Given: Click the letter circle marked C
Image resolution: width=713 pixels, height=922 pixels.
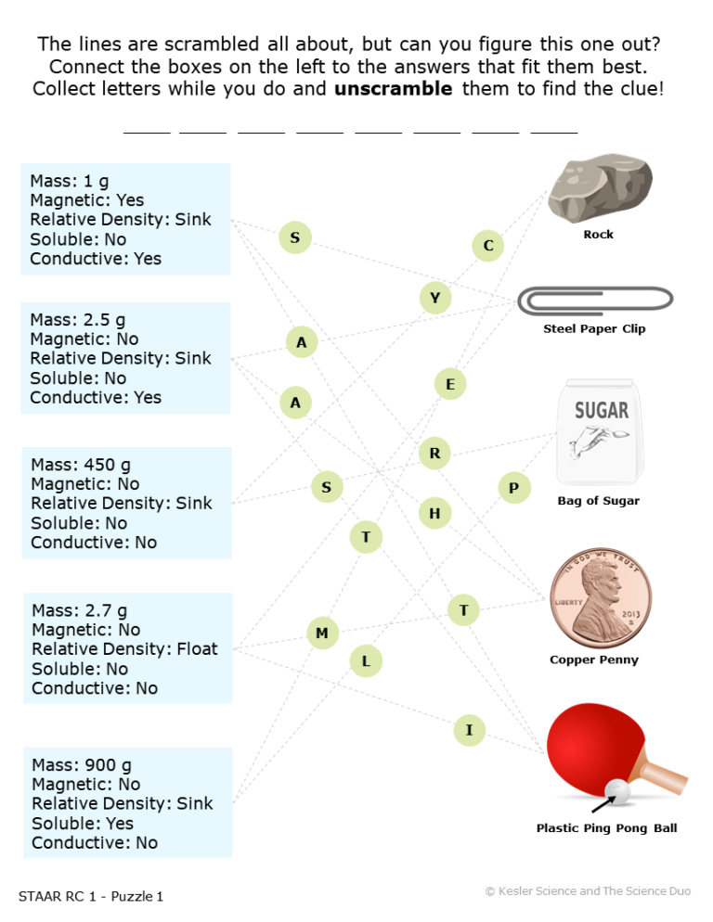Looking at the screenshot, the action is (x=488, y=245).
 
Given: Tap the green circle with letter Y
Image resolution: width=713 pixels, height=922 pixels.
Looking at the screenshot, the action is (x=435, y=298).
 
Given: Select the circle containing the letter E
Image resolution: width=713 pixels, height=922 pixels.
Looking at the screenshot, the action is (x=450, y=384).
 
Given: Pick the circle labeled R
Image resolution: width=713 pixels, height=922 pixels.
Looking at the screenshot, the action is (x=434, y=453).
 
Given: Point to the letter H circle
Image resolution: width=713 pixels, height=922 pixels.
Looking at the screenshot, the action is (x=434, y=513).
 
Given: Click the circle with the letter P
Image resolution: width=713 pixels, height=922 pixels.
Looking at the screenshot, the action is (x=514, y=488).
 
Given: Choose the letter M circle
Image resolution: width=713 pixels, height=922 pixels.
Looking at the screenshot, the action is (x=322, y=633).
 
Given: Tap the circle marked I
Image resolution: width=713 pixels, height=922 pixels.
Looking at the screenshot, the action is (x=469, y=730).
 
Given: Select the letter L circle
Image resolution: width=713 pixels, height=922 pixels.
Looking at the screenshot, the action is (x=366, y=661).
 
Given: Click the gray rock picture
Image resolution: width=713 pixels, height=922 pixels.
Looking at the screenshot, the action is (x=599, y=188).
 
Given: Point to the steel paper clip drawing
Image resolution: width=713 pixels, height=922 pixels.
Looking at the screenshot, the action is (x=595, y=301).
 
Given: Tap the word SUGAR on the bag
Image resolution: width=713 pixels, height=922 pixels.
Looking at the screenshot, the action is (x=602, y=410).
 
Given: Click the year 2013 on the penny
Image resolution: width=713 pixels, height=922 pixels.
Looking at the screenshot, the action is (x=630, y=614).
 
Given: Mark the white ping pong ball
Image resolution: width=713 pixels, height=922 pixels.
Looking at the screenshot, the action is (x=617, y=790).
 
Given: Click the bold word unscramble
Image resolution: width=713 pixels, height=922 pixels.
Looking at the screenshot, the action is (x=394, y=89).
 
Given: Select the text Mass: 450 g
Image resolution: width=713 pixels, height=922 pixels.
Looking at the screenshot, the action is (x=81, y=465).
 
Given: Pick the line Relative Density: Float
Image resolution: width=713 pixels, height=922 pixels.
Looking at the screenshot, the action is (x=124, y=648).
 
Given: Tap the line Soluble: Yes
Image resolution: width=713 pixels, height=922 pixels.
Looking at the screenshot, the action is (x=83, y=824).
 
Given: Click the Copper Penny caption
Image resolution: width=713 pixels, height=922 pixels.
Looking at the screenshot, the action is (x=594, y=659).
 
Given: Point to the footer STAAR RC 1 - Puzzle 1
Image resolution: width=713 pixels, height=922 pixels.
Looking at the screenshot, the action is (x=91, y=896).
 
